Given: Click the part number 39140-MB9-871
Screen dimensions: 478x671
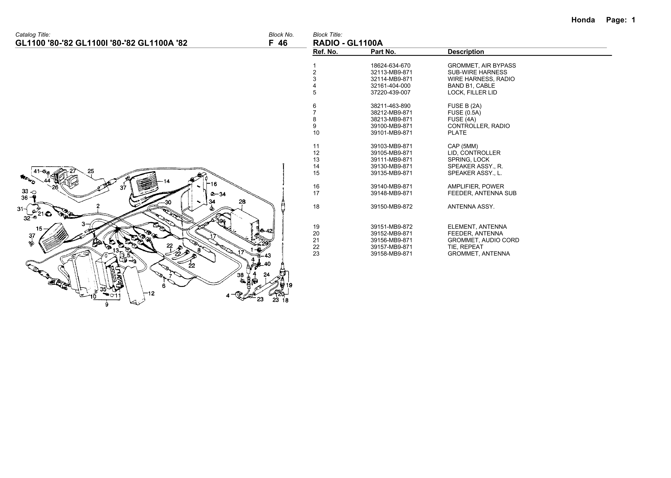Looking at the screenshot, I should click(391, 186).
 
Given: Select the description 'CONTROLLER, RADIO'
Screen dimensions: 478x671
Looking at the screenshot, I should click(479, 126).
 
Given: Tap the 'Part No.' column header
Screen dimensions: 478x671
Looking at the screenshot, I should click(383, 52).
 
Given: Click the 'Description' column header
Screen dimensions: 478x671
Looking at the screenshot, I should click(466, 52).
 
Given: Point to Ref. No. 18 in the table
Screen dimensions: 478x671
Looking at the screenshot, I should click(316, 207).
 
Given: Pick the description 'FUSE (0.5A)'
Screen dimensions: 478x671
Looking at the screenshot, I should click(464, 113).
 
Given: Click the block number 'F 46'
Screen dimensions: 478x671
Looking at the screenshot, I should click(278, 43).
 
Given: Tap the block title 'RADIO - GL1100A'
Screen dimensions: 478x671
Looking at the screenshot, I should click(348, 43).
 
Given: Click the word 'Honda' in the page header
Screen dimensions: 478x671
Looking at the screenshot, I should click(583, 20).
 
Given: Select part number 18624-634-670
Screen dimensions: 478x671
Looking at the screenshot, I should click(390, 66).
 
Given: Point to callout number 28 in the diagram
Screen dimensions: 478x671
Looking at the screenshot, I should click(242, 202).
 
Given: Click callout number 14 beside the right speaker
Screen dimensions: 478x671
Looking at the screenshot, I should click(167, 181).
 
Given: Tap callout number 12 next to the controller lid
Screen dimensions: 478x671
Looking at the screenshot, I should click(151, 294).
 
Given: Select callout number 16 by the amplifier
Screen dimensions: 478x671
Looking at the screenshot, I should click(213, 184).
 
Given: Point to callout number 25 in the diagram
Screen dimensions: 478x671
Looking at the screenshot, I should click(91, 171).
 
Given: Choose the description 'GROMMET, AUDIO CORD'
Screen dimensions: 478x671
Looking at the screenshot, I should click(483, 240).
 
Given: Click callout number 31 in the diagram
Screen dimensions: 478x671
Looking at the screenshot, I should click(20, 209).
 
